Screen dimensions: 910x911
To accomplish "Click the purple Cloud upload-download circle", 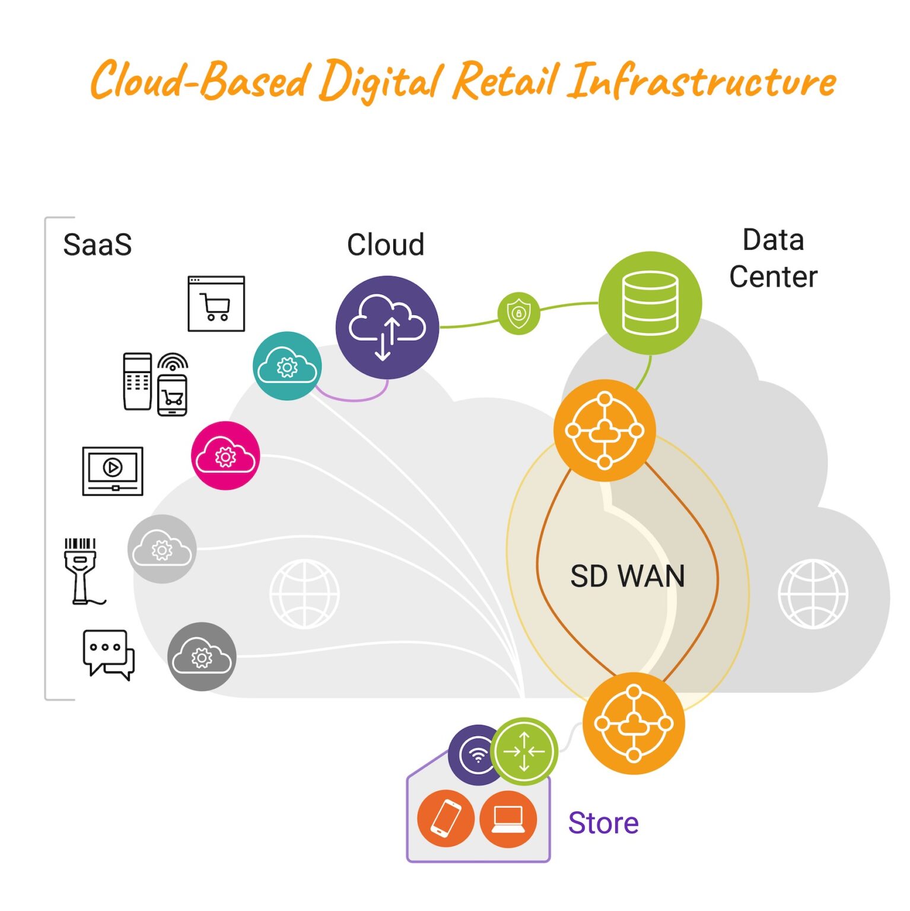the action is tap(387, 327).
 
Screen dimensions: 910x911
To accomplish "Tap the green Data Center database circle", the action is tap(650, 303).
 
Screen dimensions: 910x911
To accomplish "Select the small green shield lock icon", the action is tap(519, 313).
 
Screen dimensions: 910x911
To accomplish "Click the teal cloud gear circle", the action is tap(288, 366).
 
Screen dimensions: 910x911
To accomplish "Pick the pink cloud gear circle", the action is tap(225, 455).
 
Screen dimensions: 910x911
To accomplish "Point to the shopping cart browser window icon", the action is tap(217, 304).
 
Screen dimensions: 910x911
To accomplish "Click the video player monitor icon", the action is tap(113, 471).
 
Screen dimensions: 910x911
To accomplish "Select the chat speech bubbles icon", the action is tap(109, 655).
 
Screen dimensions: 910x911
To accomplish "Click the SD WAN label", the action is tap(627, 576).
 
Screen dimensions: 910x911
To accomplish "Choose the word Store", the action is tap(603, 823).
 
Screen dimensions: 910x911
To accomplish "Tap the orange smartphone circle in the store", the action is tap(446, 819).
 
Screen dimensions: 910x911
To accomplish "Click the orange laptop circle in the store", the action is tap(508, 819).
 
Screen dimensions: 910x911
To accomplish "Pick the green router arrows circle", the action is tap(524, 751).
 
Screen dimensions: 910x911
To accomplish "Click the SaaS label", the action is tap(97, 245).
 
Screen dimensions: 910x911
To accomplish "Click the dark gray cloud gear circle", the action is tap(202, 657).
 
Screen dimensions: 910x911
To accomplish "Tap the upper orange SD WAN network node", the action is tap(604, 431).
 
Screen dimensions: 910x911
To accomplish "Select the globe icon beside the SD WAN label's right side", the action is tap(813, 594).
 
